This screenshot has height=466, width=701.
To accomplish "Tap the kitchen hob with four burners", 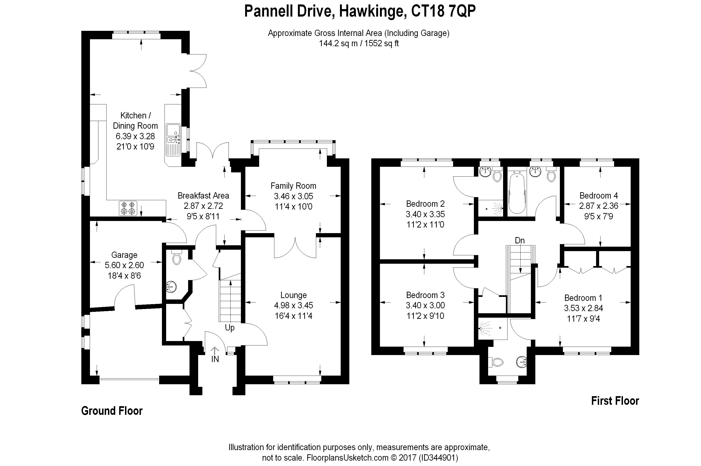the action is (x=128, y=208).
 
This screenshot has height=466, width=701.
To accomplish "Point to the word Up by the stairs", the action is (x=229, y=328).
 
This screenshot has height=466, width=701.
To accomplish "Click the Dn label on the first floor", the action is (x=520, y=240).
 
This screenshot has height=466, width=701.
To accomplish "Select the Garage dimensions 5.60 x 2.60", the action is (x=124, y=265).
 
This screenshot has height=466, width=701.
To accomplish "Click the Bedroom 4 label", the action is (x=598, y=196).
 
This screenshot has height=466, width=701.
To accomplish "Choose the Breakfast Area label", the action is (x=203, y=196).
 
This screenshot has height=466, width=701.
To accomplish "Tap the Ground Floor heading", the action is (x=112, y=411).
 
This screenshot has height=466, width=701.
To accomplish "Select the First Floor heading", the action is (x=615, y=401).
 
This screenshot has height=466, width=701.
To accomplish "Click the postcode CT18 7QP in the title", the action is (x=443, y=11).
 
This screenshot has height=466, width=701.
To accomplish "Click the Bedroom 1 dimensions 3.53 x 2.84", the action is (x=583, y=308).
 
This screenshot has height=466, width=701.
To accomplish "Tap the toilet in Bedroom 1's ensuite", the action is (x=496, y=362).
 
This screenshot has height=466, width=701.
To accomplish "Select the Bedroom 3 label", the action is (x=425, y=295).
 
